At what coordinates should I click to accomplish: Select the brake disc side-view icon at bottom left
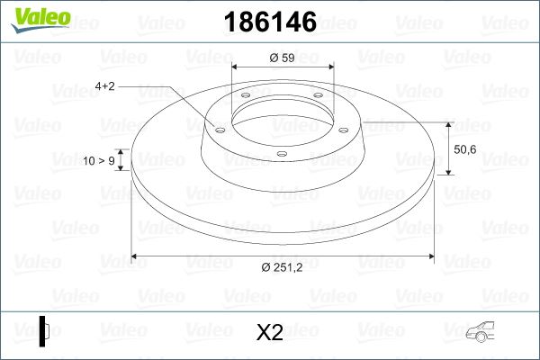click(44, 332)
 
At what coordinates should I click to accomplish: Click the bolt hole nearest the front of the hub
click(281, 155)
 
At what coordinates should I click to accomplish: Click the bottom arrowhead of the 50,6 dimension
click(448, 172)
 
